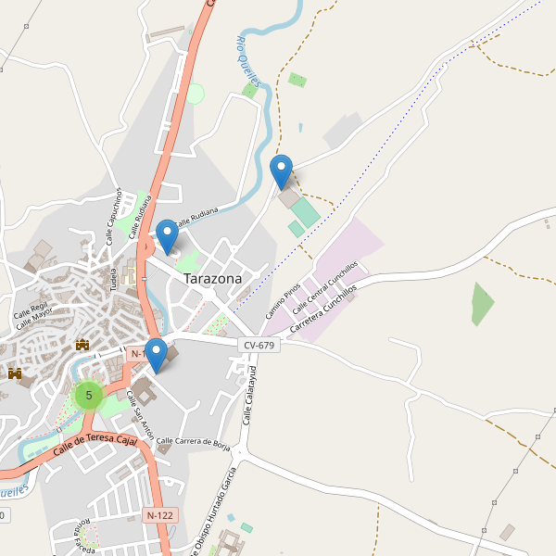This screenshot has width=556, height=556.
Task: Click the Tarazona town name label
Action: tap(212, 278)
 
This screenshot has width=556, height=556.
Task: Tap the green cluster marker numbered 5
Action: tap(89, 396)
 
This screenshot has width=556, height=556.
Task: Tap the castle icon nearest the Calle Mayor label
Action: tap(82, 345)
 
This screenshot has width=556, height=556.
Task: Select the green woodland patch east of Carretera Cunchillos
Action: tap(482, 304)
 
